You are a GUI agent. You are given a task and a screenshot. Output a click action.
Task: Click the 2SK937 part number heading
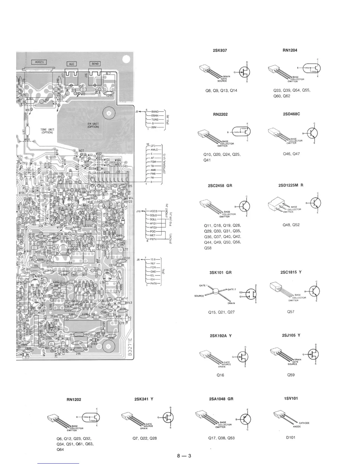pos(220,50)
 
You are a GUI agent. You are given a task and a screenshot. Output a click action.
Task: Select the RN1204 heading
pos(290,50)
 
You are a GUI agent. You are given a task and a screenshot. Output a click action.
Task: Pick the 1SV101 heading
pos(291,398)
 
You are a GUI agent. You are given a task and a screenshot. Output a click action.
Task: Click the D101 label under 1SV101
pos(291,437)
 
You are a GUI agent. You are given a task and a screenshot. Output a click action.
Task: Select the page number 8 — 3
pos(184,456)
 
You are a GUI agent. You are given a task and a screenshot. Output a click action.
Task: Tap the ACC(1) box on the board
pos(39,62)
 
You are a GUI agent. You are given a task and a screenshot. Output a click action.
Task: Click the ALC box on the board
pos(72,64)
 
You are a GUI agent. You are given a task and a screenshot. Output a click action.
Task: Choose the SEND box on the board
pos(95,64)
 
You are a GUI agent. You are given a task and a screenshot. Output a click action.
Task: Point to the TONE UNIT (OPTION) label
pos(47,131)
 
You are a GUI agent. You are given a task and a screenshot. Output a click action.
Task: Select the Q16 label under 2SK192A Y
pos(220,375)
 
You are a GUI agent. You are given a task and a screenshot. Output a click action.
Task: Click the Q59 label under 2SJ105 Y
pos(291,375)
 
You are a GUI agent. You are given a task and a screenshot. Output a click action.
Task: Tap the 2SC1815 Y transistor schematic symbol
pos(314,291)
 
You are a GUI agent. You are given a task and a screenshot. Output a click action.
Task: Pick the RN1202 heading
pos(74,400)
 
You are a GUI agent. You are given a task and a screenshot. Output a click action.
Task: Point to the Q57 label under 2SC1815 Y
pos(291,312)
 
